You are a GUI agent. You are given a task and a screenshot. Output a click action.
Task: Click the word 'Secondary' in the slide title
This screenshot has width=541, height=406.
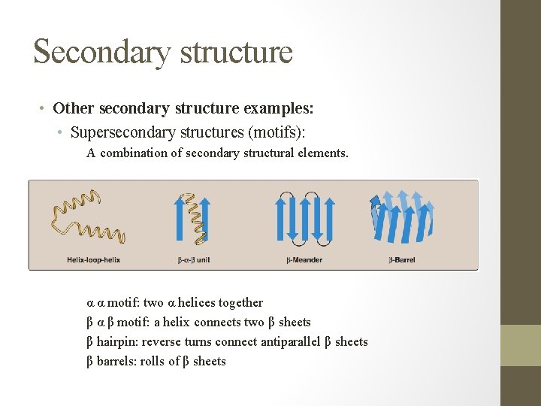point(92,52)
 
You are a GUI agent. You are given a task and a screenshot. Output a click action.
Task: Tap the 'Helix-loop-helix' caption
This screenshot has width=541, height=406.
point(93,260)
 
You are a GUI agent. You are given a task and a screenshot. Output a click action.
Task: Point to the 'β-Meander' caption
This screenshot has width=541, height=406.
point(304,260)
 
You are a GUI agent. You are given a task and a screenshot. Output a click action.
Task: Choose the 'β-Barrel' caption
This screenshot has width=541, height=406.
point(402,260)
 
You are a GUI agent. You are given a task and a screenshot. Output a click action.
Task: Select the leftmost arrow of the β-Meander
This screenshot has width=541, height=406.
point(280,220)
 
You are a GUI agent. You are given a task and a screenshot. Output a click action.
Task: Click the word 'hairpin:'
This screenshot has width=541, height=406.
point(117,342)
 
